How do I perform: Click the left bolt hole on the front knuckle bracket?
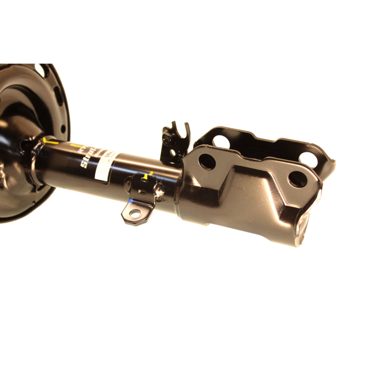207,161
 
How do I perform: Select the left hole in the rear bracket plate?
220,141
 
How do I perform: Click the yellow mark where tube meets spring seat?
49,141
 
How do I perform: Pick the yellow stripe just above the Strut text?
76,145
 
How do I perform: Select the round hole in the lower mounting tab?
135,213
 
